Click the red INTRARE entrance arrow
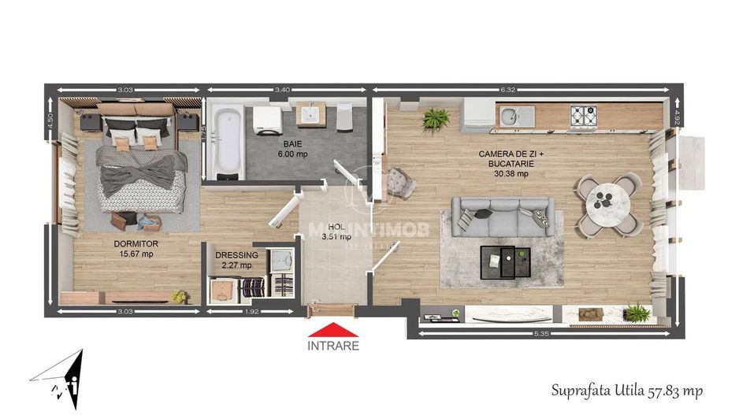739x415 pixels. [x=332, y=330]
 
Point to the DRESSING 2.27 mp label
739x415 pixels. [x=236, y=260]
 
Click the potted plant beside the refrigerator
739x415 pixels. [x=435, y=119]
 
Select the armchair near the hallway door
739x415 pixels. [x=403, y=183]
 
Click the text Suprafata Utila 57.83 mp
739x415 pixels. [x=627, y=390]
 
